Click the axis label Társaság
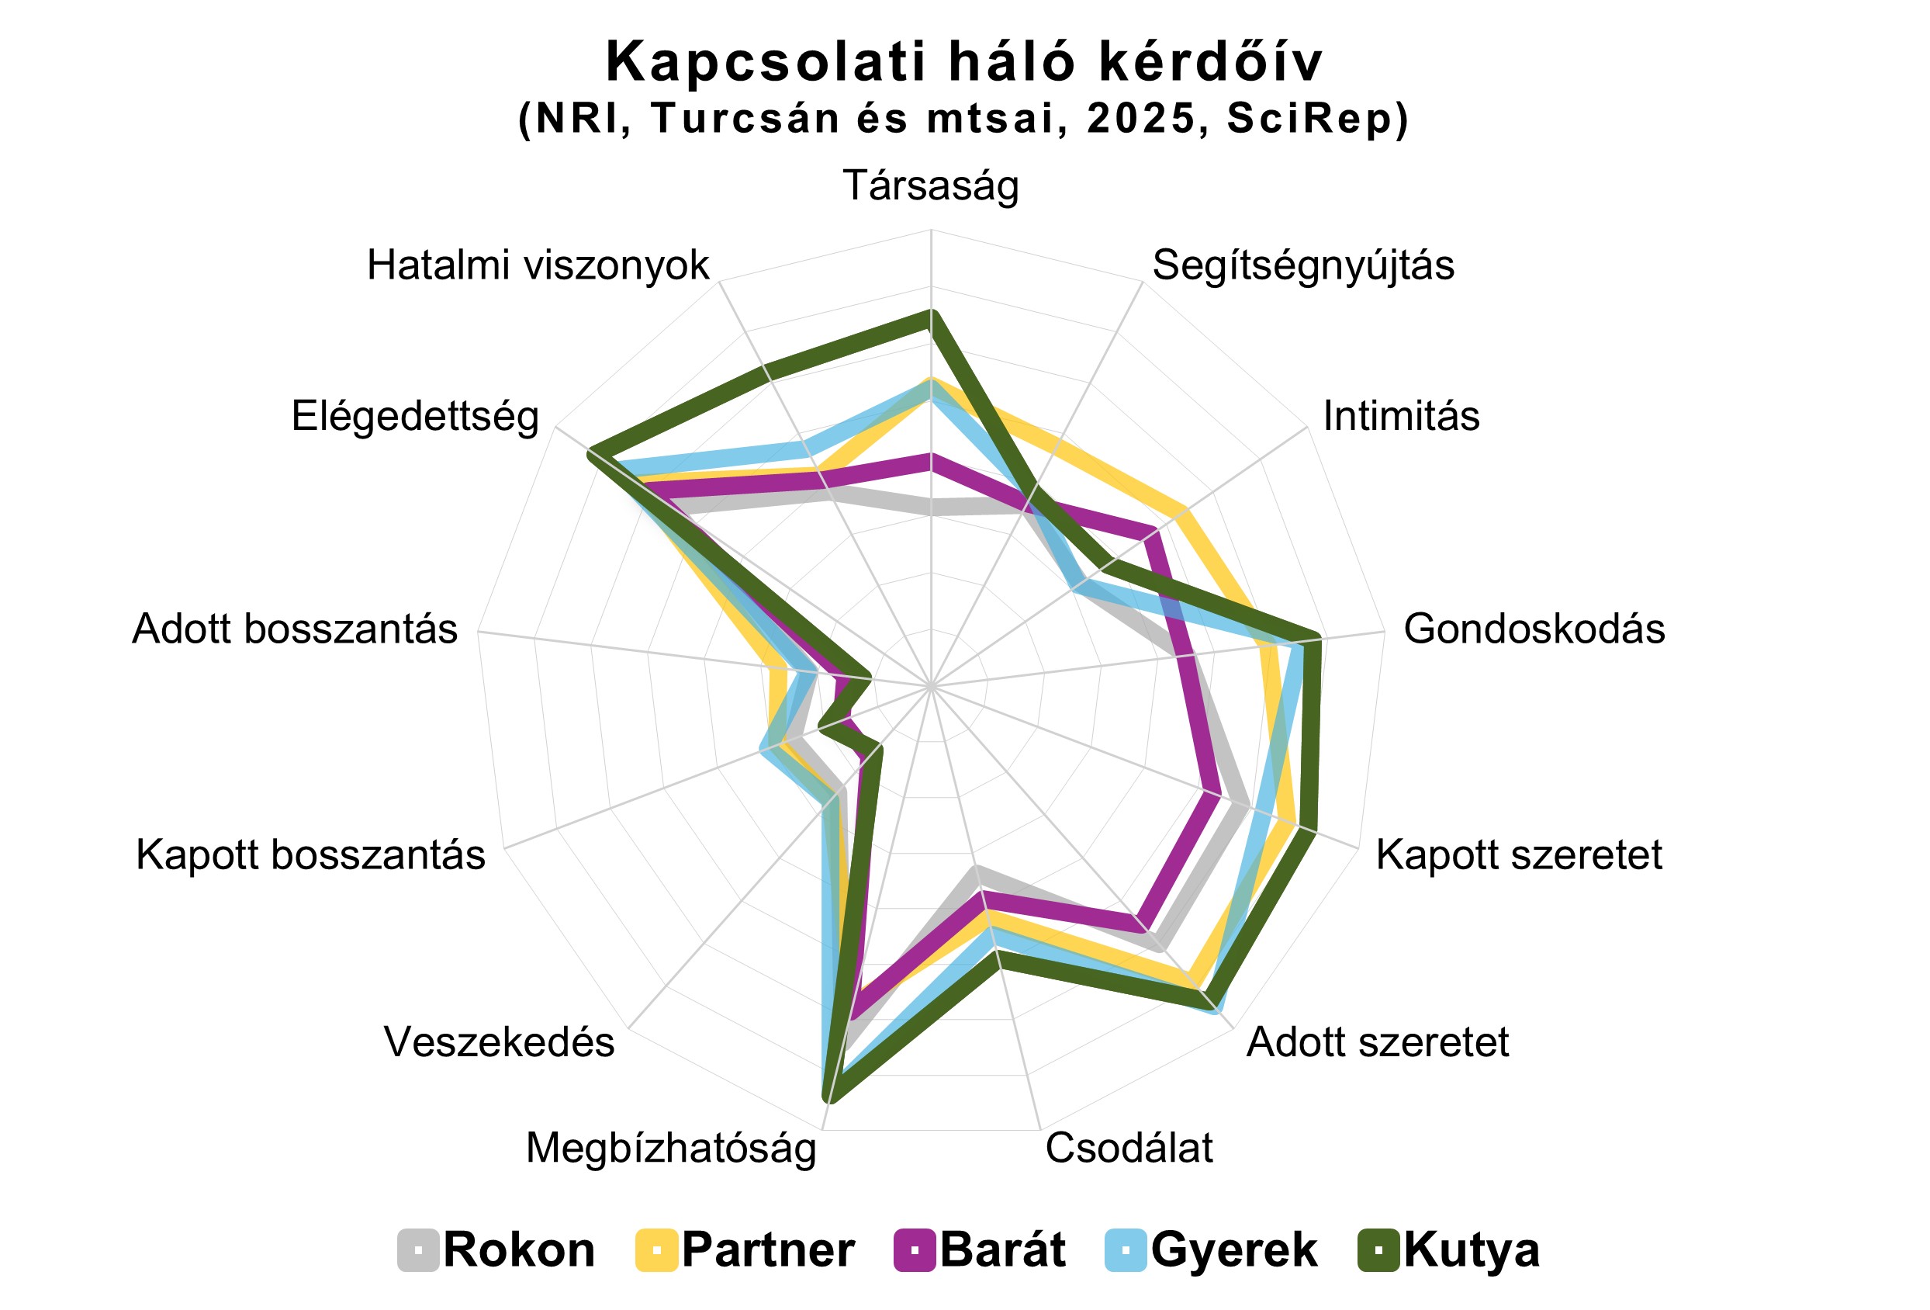point(931,186)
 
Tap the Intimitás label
point(1401,416)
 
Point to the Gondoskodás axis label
point(1534,629)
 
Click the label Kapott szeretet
point(1519,854)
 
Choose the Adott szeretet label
point(1378,1042)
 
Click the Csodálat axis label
point(1129,1149)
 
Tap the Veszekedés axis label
point(499,1042)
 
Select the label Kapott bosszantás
point(310,854)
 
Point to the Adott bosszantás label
point(295,629)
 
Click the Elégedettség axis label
point(415,417)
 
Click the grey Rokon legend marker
point(419,1250)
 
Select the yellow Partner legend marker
point(657,1250)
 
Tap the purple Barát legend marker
point(915,1250)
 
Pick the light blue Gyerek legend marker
point(1126,1250)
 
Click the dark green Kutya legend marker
point(1378,1250)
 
